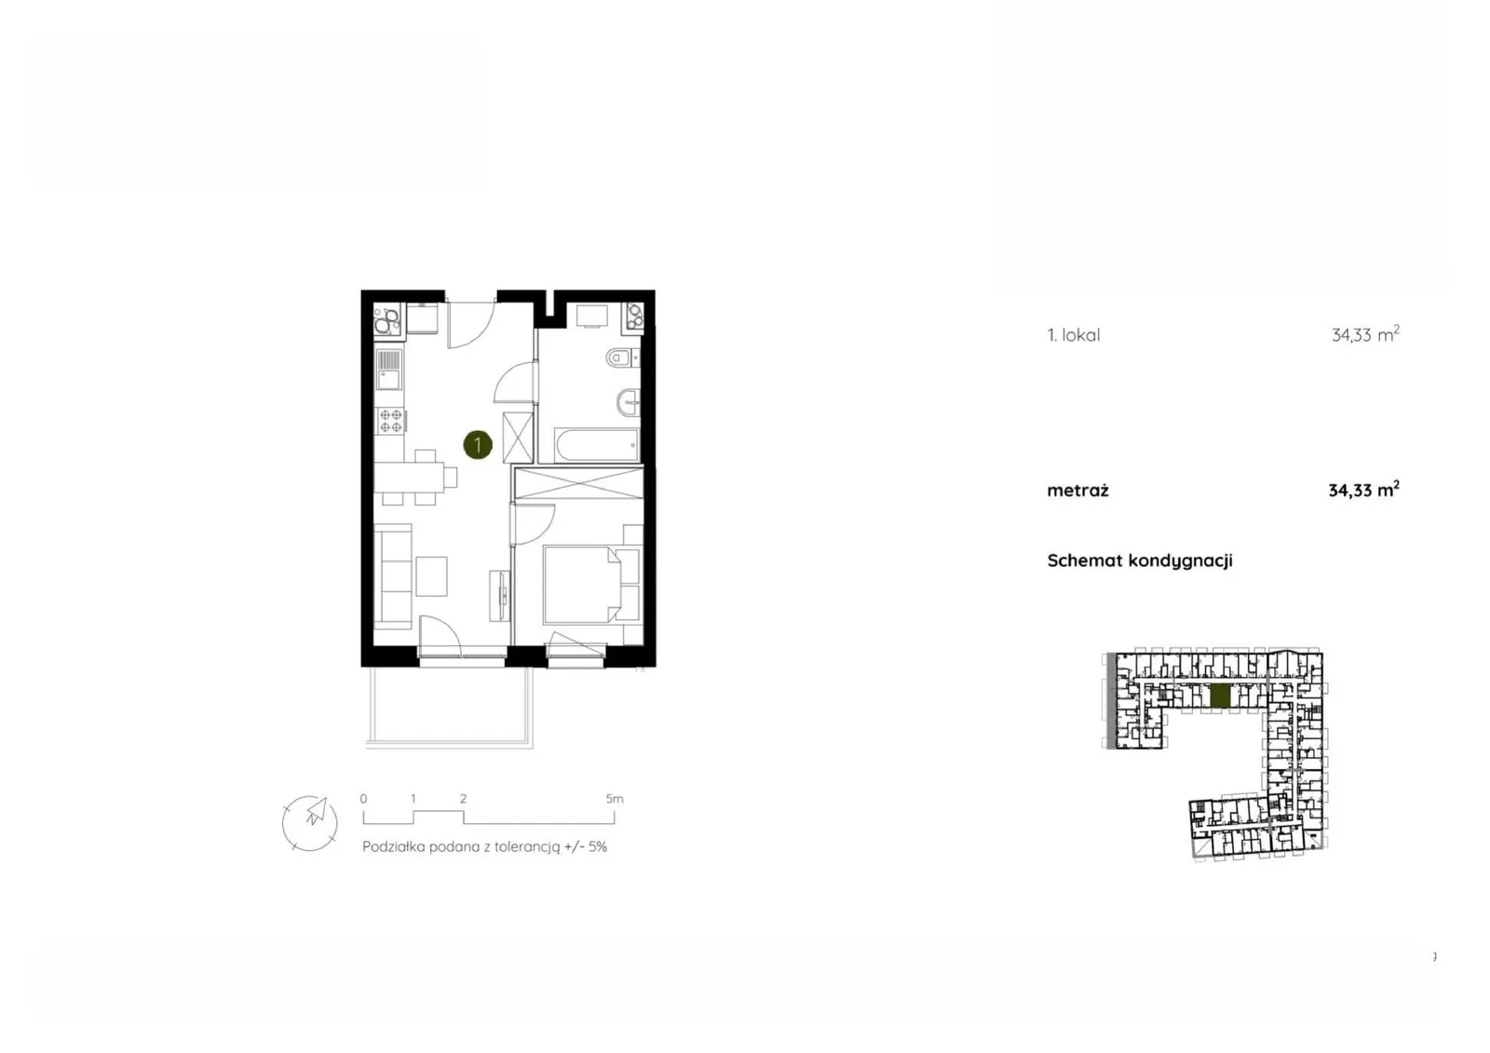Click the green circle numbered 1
coord(478,445)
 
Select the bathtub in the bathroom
coord(596,445)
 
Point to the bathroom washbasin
coord(629,402)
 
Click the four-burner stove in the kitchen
coord(390,421)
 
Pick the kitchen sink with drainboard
coord(389,370)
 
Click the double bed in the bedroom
coord(583,585)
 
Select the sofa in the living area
coord(393,576)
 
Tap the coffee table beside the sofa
coord(431,576)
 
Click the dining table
coord(410,477)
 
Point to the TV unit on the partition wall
coord(499,595)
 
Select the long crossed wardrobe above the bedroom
coord(578,483)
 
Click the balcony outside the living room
coord(449,707)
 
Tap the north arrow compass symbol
coord(309,824)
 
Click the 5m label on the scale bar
coord(615,798)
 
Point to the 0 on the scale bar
coord(363,798)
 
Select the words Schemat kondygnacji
coord(1140,560)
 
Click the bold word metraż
coord(1077,491)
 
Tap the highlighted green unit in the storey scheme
coord(1220,696)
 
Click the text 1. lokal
coord(1074,335)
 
